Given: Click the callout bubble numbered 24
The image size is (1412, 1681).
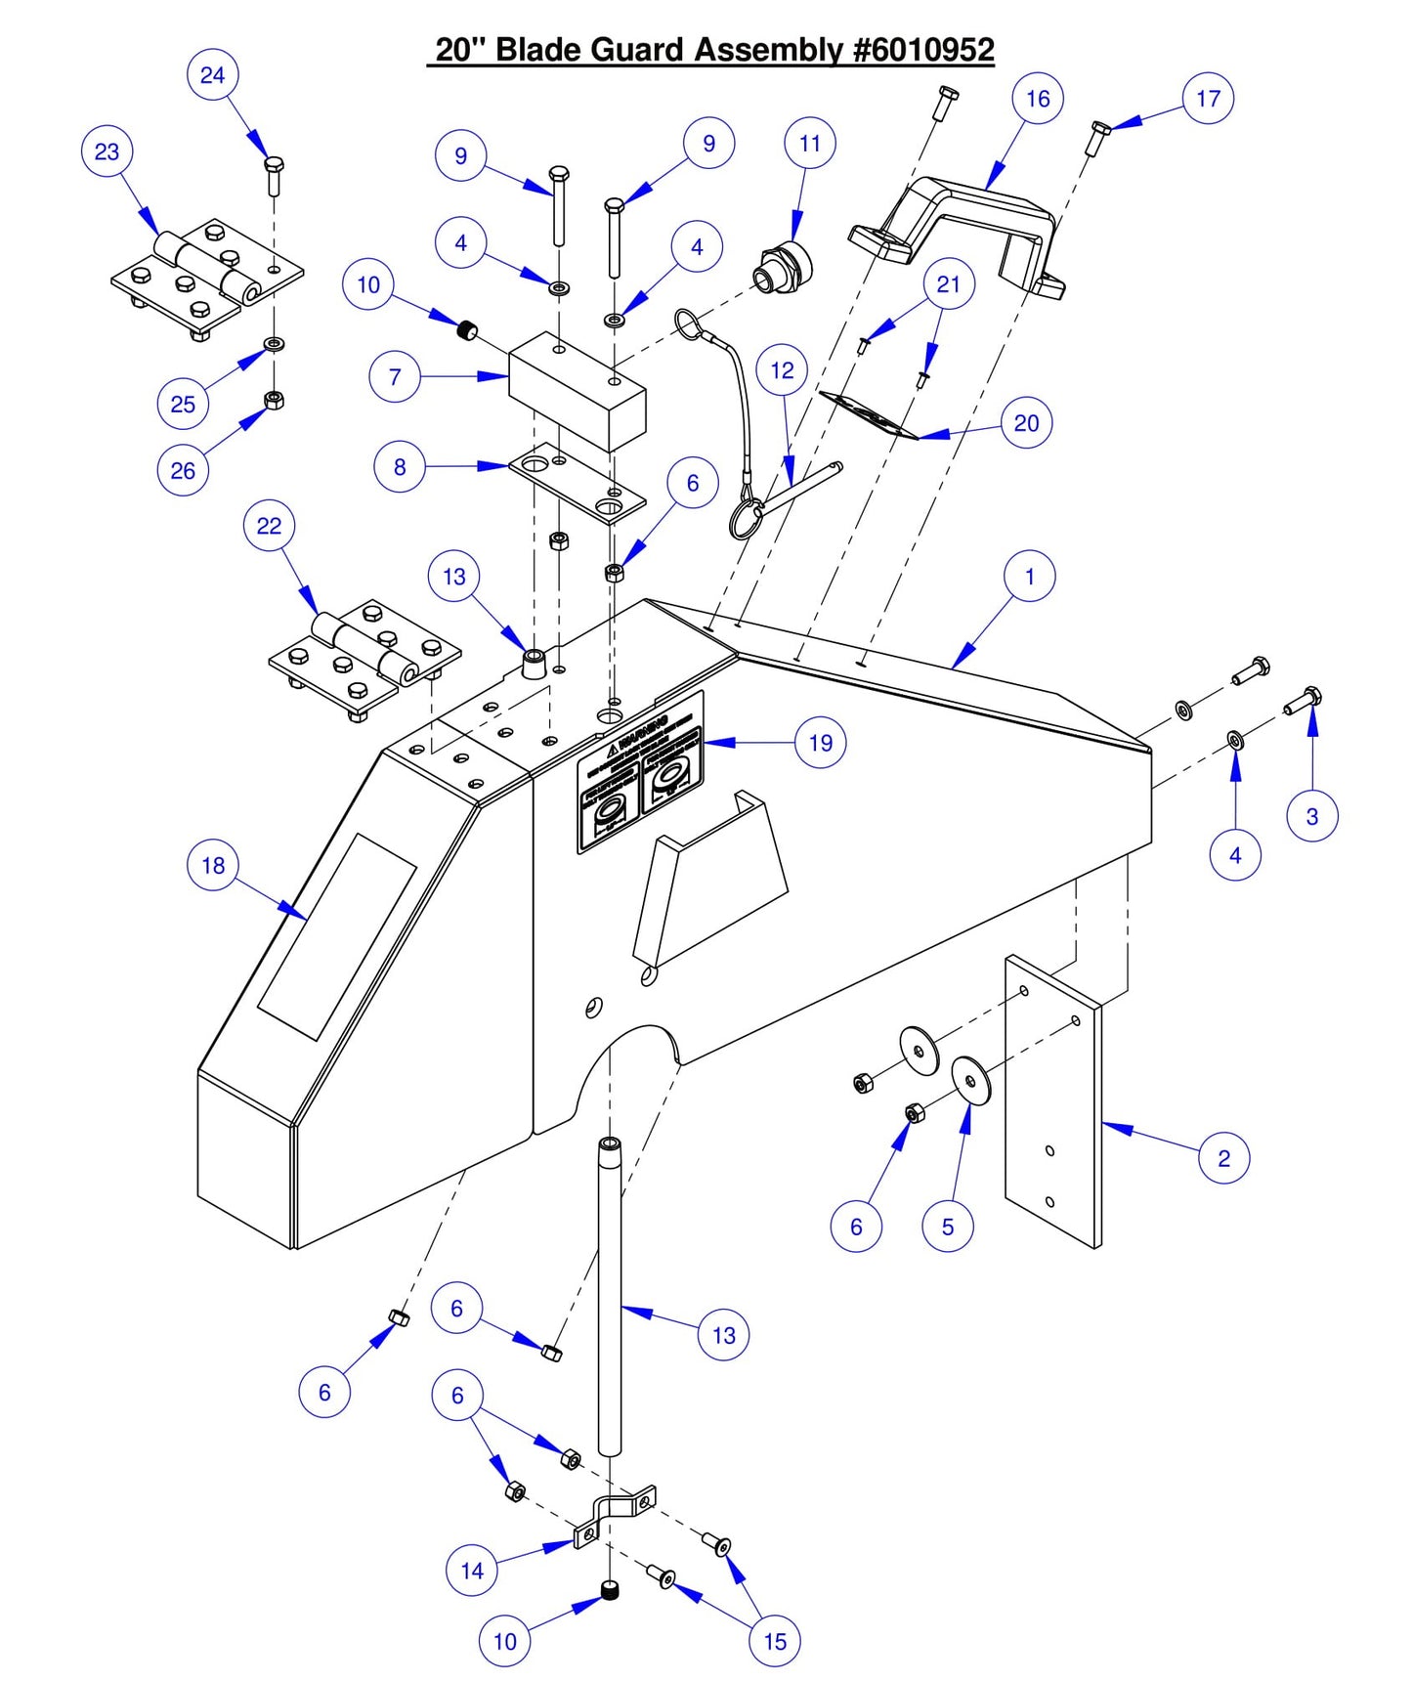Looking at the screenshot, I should point(212,75).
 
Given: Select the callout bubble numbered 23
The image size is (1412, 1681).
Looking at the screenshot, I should point(107,151).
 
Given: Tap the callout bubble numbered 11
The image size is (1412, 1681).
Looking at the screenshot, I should point(810,144).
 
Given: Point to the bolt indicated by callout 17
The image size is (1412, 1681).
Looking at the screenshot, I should point(1097,137).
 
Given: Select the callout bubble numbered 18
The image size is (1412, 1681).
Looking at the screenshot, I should point(213,865).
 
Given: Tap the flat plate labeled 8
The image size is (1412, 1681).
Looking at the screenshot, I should point(577,483).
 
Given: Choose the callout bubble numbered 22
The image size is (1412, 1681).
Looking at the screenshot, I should point(269,526).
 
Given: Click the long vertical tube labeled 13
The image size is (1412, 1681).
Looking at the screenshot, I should point(610,1300).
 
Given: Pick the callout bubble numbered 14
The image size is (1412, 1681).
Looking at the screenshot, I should point(472,1571).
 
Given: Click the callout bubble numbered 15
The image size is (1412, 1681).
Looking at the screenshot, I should point(775,1641).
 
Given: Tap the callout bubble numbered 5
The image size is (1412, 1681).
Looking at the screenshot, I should point(947,1227).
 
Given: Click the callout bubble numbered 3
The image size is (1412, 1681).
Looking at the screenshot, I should point(1312,816).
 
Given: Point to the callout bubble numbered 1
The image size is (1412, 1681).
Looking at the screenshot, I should point(1029,577).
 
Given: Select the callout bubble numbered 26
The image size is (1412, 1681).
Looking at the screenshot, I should point(183,470).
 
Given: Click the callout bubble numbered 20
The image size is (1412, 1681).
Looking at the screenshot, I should point(1026,423).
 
